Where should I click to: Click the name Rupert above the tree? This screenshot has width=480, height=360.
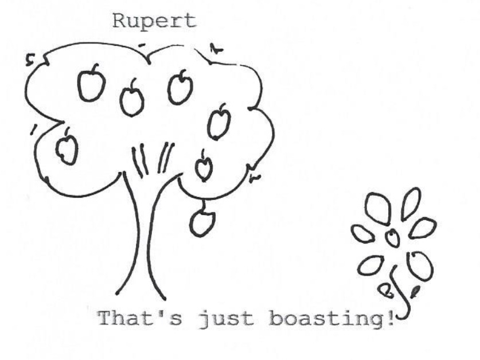coord(154,21)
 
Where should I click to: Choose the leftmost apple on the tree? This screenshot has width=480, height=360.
coord(67,148)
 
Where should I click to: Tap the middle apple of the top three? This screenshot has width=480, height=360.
coord(132,100)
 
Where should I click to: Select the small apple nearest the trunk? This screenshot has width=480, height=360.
coord(204,167)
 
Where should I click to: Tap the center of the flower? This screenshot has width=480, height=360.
coord(392,237)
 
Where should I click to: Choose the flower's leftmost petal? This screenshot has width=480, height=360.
coord(362,233)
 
